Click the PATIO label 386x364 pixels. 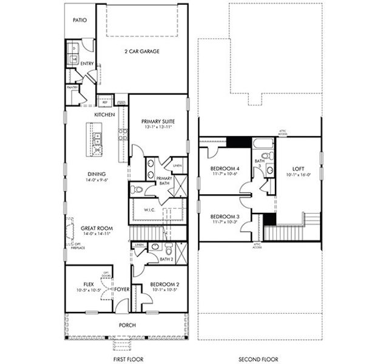[x=80, y=20]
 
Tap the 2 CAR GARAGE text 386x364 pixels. [x=141, y=52]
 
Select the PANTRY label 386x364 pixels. [x=72, y=87]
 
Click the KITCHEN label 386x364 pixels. [x=104, y=114]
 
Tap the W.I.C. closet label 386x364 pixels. [x=151, y=210]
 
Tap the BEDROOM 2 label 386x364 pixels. [x=164, y=284]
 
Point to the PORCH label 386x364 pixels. [x=127, y=325]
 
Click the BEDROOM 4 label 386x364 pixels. [x=223, y=168]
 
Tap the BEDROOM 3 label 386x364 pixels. [x=223, y=217]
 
